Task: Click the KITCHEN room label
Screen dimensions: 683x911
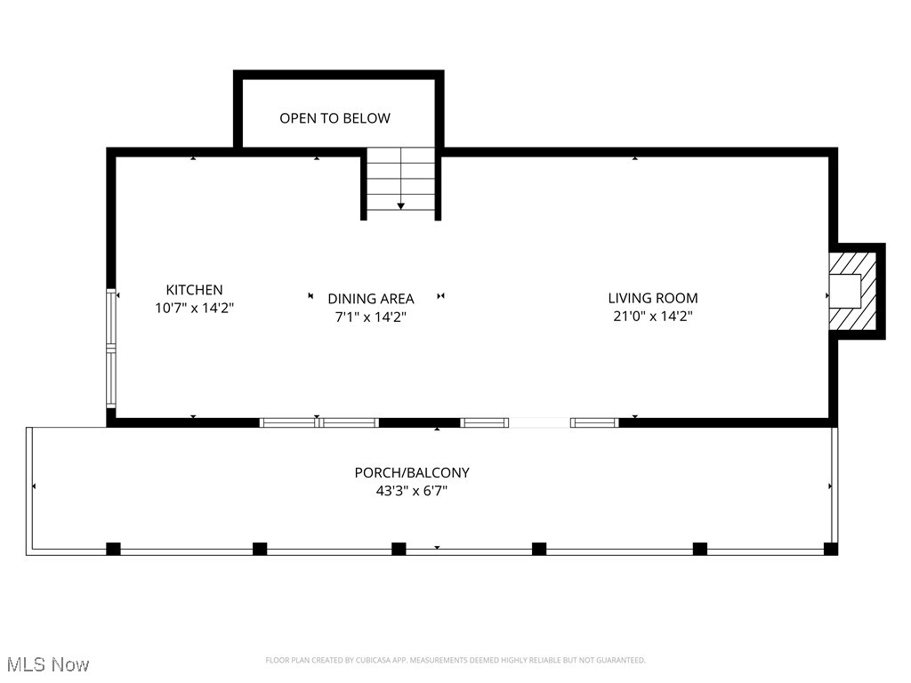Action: click(194, 290)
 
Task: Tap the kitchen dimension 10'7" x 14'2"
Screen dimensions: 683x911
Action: click(194, 308)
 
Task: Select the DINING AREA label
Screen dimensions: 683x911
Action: click(370, 299)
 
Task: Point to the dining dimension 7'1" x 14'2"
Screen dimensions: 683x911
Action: click(370, 317)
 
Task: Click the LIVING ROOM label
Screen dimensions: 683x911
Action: click(652, 299)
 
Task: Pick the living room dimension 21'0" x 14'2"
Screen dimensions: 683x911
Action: click(652, 317)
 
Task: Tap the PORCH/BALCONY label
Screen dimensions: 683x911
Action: click(411, 473)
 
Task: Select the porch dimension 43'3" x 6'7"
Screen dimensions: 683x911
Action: click(411, 491)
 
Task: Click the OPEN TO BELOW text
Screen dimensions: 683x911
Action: click(335, 118)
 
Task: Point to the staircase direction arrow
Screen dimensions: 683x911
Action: click(401, 205)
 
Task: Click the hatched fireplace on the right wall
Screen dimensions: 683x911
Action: click(855, 290)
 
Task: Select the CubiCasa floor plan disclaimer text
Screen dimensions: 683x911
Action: click(455, 660)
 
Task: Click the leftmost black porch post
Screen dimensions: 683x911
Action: click(113, 549)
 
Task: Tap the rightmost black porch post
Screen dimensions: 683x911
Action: click(830, 549)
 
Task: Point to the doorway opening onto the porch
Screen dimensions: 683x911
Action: click(539, 422)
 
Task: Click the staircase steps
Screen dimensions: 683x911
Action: click(400, 178)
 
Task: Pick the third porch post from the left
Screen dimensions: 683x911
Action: click(399, 549)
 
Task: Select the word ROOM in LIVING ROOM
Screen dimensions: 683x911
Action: click(678, 299)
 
